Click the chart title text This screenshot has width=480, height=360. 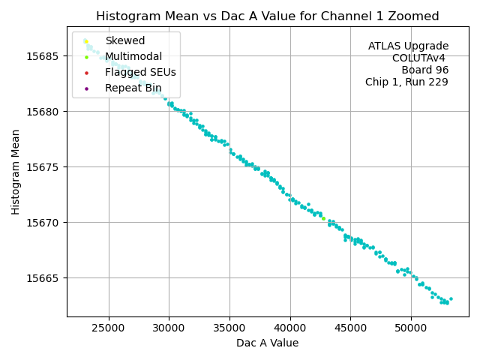(x=267, y=16)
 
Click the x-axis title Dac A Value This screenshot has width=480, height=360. (x=267, y=343)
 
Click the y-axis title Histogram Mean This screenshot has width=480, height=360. (x=16, y=171)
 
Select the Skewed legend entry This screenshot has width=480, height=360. (x=124, y=40)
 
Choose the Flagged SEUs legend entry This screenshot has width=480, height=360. (x=140, y=72)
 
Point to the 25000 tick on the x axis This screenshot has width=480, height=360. (x=109, y=328)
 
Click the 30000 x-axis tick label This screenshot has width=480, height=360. (x=169, y=328)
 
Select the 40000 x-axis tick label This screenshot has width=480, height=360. (x=290, y=328)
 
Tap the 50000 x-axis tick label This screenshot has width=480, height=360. (x=411, y=328)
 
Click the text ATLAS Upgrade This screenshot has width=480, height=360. (x=408, y=46)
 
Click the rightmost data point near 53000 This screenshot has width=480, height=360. (x=451, y=298)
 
